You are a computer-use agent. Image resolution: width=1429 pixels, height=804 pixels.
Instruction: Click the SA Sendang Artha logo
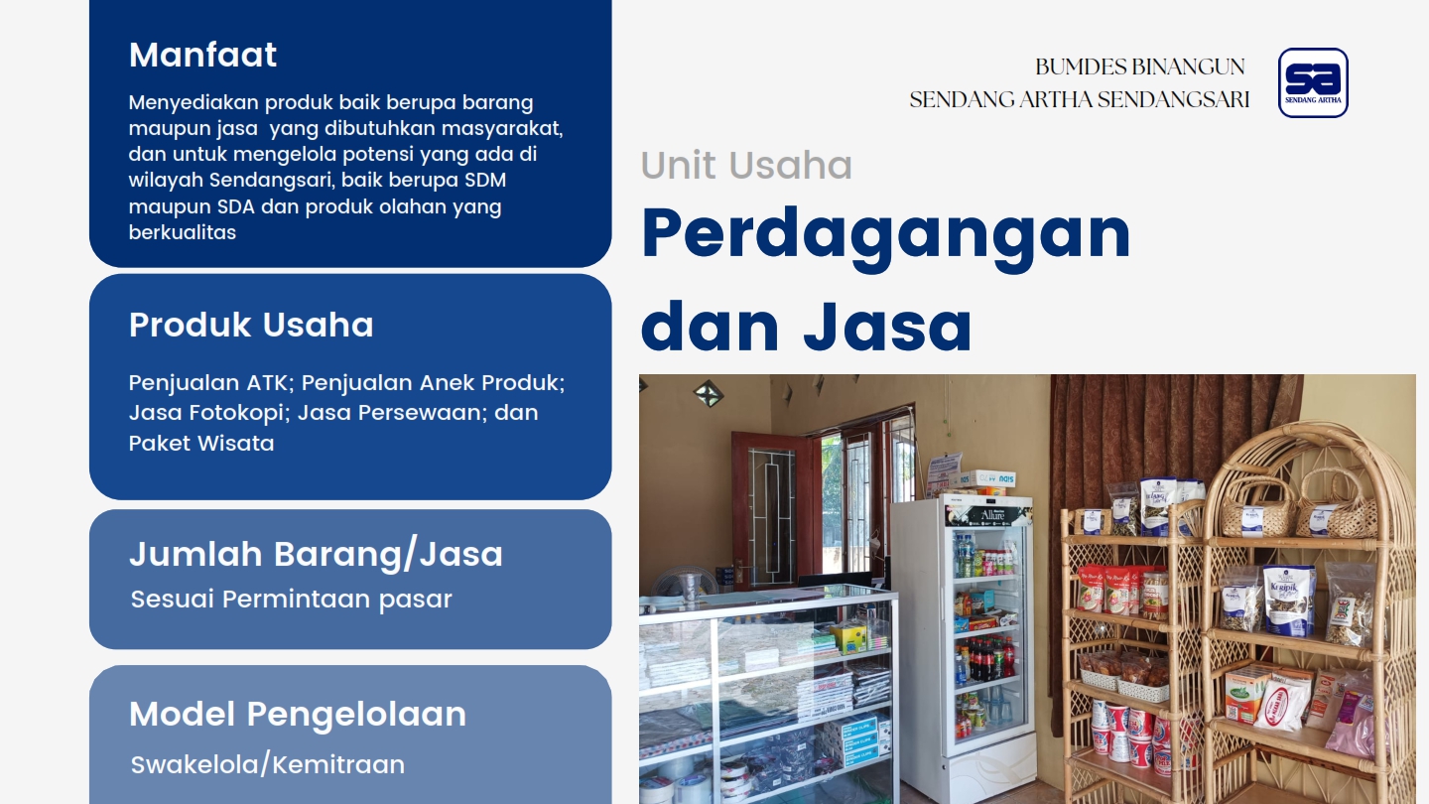(x=1313, y=83)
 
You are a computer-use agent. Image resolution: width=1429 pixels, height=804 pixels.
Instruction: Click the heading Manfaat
(x=202, y=55)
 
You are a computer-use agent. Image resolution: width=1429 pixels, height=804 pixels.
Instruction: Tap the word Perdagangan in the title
(x=886, y=234)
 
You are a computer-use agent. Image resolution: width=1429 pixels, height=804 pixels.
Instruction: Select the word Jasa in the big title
(x=887, y=328)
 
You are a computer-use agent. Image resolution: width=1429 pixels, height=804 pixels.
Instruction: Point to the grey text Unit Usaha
(x=746, y=165)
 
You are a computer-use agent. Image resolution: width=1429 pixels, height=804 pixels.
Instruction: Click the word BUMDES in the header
(x=1073, y=67)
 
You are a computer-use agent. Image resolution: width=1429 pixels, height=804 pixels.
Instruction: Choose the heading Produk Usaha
(x=251, y=325)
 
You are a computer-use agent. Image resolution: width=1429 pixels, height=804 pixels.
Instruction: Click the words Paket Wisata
(x=201, y=444)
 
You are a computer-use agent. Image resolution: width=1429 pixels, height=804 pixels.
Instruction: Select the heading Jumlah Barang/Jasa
(x=317, y=554)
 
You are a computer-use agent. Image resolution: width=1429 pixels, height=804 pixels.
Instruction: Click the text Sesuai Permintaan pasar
(x=292, y=600)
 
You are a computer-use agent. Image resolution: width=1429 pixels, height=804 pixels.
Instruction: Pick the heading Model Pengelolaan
(x=298, y=714)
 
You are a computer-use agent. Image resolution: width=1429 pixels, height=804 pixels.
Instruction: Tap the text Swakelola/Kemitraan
(x=268, y=765)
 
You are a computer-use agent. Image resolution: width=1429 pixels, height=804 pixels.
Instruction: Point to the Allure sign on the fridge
(x=987, y=515)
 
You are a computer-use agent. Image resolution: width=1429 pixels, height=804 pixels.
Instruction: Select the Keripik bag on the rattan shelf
(x=1288, y=601)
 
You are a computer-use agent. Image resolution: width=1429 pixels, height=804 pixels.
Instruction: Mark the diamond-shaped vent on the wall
(x=709, y=394)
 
